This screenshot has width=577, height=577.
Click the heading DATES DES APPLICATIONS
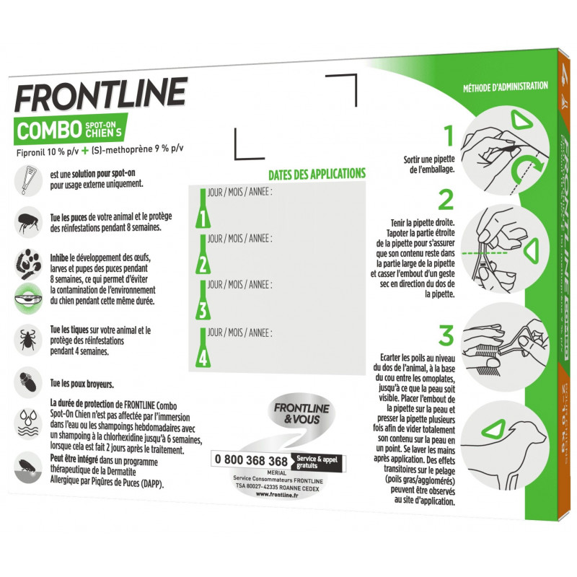click(x=317, y=174)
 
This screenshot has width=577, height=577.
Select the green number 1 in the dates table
click(x=203, y=216)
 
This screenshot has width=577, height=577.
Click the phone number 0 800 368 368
click(x=250, y=460)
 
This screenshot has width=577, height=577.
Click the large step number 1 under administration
click(x=448, y=136)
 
